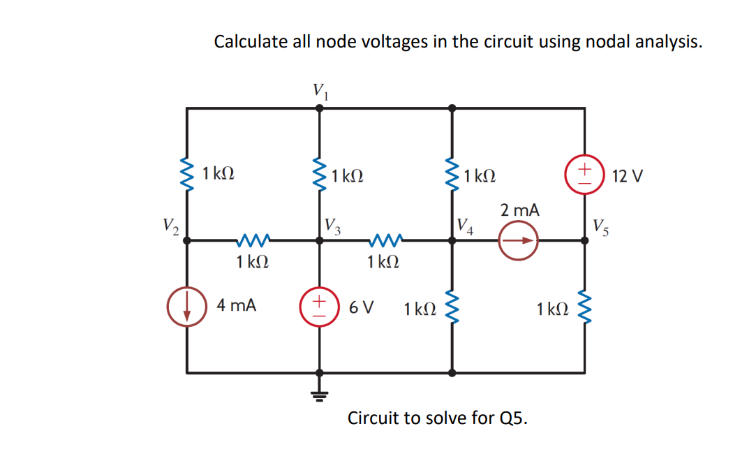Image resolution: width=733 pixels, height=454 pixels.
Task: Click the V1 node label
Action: click(320, 90)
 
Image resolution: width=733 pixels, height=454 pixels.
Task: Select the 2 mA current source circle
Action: click(518, 240)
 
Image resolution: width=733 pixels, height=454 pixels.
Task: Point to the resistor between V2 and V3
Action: click(253, 240)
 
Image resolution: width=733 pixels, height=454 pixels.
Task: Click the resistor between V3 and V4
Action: click(384, 240)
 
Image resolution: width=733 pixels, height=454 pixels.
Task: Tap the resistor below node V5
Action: click(585, 307)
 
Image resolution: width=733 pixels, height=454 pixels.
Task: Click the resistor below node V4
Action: click(452, 307)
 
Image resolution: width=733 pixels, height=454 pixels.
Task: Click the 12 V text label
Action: click(626, 175)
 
